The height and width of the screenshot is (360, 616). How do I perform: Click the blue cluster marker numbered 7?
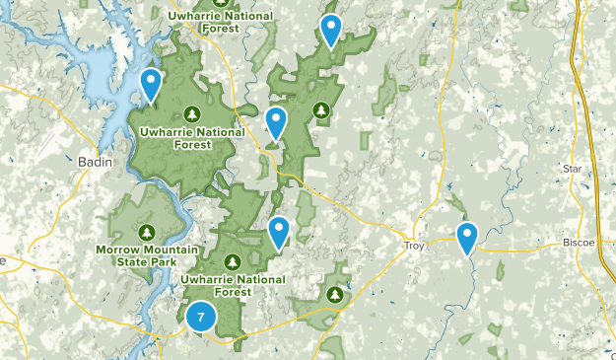pos(201,317)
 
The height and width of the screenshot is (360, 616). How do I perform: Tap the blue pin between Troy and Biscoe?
pos(467,237)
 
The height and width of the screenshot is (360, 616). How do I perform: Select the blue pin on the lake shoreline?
pos(151,85)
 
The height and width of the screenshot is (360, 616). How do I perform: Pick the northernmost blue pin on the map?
pos(331,31)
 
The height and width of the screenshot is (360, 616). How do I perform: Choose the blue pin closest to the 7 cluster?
pos(280,232)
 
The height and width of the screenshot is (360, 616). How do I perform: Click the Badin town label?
pos(94,162)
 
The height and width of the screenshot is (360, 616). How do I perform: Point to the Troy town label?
pos(415,245)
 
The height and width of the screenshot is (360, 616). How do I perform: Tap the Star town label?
pos(573,169)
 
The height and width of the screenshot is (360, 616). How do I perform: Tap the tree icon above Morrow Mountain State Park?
pos(147,232)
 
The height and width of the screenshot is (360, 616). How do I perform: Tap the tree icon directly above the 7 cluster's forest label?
pos(232,261)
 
